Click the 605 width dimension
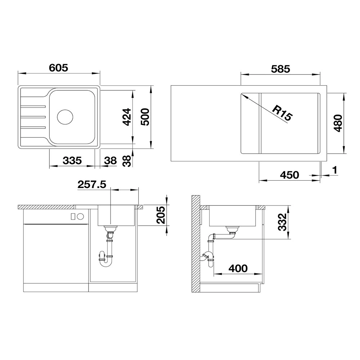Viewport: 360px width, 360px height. click(x=59, y=68)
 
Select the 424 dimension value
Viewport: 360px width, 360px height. click(x=127, y=117)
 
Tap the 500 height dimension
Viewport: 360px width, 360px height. click(x=145, y=117)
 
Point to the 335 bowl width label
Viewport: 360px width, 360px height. click(x=72, y=161)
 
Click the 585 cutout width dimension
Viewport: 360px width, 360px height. click(x=280, y=69)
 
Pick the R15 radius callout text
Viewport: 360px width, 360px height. click(x=282, y=113)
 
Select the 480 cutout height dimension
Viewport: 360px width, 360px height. click(x=338, y=123)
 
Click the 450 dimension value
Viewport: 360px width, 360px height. click(x=289, y=175)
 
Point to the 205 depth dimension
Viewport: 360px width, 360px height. click(x=161, y=215)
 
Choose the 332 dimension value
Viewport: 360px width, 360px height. click(x=282, y=222)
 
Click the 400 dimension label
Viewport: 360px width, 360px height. click(x=238, y=269)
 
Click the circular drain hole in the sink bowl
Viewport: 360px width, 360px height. click(x=65, y=117)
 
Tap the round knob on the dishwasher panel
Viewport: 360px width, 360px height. click(x=81, y=216)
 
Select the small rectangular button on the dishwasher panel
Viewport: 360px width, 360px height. click(x=73, y=216)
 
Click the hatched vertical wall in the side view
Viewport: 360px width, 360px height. click(x=196, y=244)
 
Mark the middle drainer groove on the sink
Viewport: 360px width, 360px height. click(x=33, y=117)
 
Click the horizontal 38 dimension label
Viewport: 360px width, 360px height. click(x=110, y=161)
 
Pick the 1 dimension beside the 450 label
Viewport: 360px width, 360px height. click(x=335, y=170)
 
